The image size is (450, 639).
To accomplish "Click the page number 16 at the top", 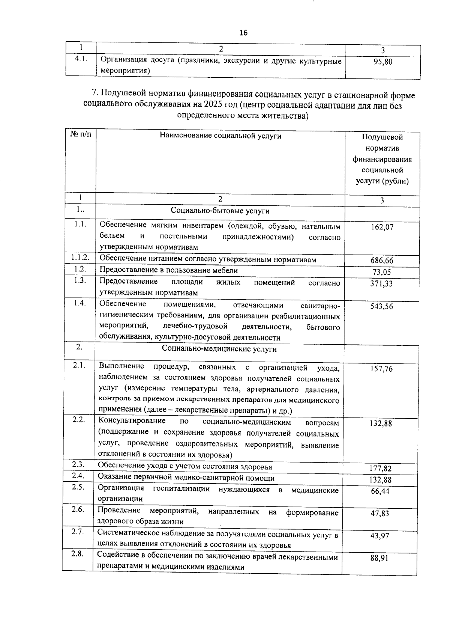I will [243, 33].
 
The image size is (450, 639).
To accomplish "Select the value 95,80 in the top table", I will [382, 62].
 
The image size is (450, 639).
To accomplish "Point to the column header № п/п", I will [81, 134].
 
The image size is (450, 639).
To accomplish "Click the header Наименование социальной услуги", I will [220, 136].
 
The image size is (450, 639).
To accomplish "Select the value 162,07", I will [382, 227].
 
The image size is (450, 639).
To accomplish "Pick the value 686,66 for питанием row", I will [382, 261].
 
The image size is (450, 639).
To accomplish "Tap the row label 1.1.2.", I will [80, 258].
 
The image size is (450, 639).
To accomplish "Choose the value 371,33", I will [382, 283].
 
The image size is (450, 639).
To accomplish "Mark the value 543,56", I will [382, 306].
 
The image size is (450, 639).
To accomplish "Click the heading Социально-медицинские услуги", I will [219, 349].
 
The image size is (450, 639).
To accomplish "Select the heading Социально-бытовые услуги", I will [220, 211].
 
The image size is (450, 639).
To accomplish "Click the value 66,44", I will [380, 491].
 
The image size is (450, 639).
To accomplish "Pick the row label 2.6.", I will [78, 509].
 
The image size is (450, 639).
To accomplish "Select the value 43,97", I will [380, 536].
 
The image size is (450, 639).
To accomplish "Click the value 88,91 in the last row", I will [379, 558].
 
